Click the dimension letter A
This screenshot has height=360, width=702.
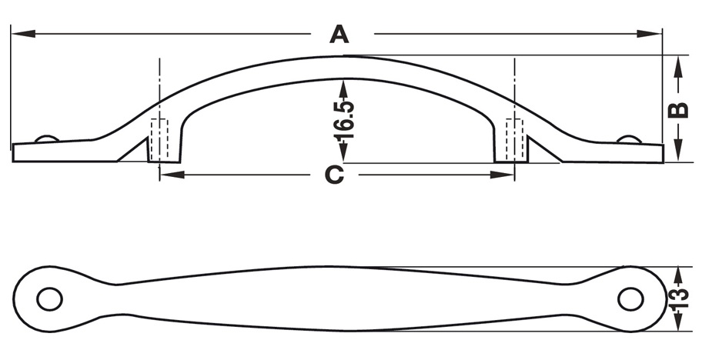tap(339, 35)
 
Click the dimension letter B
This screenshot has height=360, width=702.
tap(677, 109)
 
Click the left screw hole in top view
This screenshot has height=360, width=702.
tap(49, 299)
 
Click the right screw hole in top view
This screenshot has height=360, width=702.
tap(630, 299)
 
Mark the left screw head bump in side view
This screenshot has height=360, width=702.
tap(46, 138)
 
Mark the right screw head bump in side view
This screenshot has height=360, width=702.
tap(629, 138)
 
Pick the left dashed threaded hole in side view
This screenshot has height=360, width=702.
tap(159, 140)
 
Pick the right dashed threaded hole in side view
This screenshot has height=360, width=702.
tap(513, 140)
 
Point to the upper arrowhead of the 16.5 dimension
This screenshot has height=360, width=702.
tap(343, 85)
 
